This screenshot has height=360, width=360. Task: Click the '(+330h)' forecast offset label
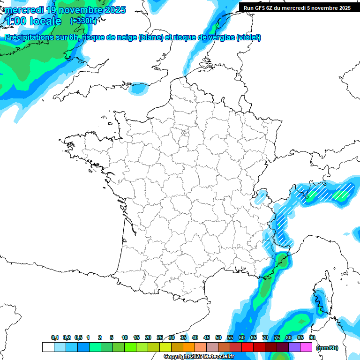coord(83,21)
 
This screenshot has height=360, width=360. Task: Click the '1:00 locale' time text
coord(34,21)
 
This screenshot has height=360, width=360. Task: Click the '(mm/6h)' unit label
coord(327,347)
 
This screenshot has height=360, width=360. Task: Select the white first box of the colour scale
coord(48,347)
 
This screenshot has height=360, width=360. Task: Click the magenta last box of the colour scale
coord(307,347)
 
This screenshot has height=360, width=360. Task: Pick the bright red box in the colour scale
coord(247,347)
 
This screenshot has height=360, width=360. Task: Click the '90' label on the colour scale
coord(312,338)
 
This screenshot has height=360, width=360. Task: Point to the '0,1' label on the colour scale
coord(54,338)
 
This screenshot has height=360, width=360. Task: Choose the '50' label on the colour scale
coord(218,338)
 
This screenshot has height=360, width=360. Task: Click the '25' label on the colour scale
coord(160,338)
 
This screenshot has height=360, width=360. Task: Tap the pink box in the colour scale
coord(212,347)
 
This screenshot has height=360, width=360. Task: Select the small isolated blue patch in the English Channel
coord(139,88)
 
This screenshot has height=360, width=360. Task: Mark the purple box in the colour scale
coord(294,347)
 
